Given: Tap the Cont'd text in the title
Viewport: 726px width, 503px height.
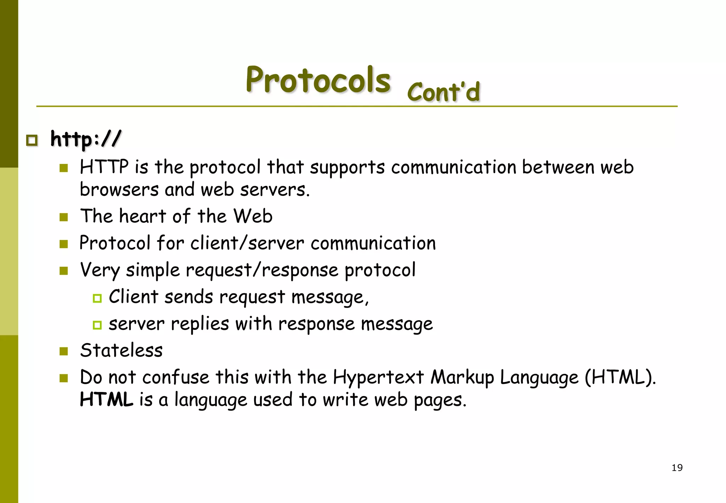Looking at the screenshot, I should pyautogui.click(x=443, y=92).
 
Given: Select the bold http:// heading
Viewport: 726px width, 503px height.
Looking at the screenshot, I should pyautogui.click(x=85, y=139).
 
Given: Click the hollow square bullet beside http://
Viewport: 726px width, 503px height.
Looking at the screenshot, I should pyautogui.click(x=32, y=140).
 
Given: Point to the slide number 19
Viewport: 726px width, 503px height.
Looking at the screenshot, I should pyautogui.click(x=677, y=468).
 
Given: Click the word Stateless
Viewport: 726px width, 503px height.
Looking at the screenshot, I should pyautogui.click(x=121, y=350).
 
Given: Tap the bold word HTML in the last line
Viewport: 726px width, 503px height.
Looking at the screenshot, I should pyautogui.click(x=106, y=399).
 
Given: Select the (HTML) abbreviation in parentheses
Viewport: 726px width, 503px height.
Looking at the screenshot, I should pyautogui.click(x=620, y=377).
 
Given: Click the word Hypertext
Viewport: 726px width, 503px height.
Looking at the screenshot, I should pyautogui.click(x=378, y=377).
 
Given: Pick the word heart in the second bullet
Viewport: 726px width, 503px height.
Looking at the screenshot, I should pyautogui.click(x=143, y=216).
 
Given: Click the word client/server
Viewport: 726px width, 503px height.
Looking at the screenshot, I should pyautogui.click(x=247, y=243).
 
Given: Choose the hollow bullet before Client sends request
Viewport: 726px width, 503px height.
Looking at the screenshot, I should pyautogui.click(x=97, y=298).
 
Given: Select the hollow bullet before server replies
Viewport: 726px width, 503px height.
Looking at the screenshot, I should pyautogui.click(x=97, y=325).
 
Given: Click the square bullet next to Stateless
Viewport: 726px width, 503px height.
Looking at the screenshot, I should pyautogui.click(x=64, y=352).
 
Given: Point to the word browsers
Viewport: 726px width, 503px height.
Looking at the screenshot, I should pyautogui.click(x=119, y=190).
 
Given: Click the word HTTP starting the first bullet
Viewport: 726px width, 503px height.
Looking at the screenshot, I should pyautogui.click(x=104, y=167).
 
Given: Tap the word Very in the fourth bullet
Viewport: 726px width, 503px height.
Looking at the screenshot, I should pyautogui.click(x=100, y=270).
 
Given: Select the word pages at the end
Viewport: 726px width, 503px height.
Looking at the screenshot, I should pyautogui.click(x=440, y=400).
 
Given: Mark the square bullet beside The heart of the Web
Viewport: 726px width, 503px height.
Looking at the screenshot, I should pyautogui.click(x=64, y=217).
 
